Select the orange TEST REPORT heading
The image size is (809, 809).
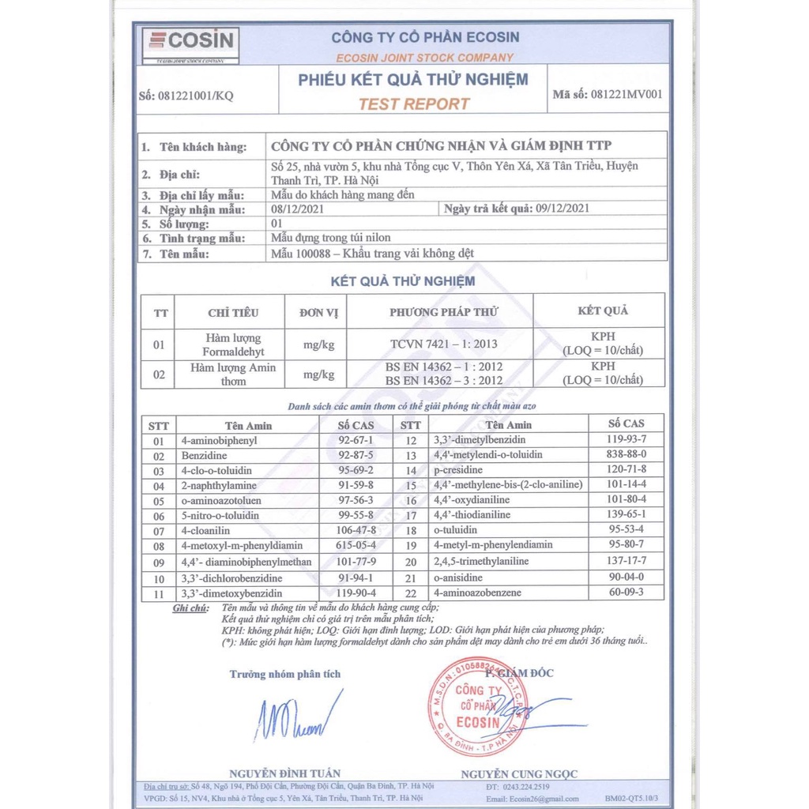pyautogui.click(x=413, y=103)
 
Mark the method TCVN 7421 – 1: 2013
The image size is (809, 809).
pyautogui.click(x=443, y=344)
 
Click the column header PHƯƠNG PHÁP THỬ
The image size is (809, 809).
pyautogui.click(x=443, y=312)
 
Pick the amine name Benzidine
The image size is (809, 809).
pyautogui.click(x=204, y=456)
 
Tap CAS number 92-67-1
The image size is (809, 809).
pyautogui.click(x=356, y=440)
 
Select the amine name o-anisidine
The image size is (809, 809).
pyautogui.click(x=457, y=578)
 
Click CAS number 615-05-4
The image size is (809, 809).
pyautogui.click(x=356, y=545)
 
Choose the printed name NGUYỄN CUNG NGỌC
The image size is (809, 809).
pyautogui.click(x=519, y=773)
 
